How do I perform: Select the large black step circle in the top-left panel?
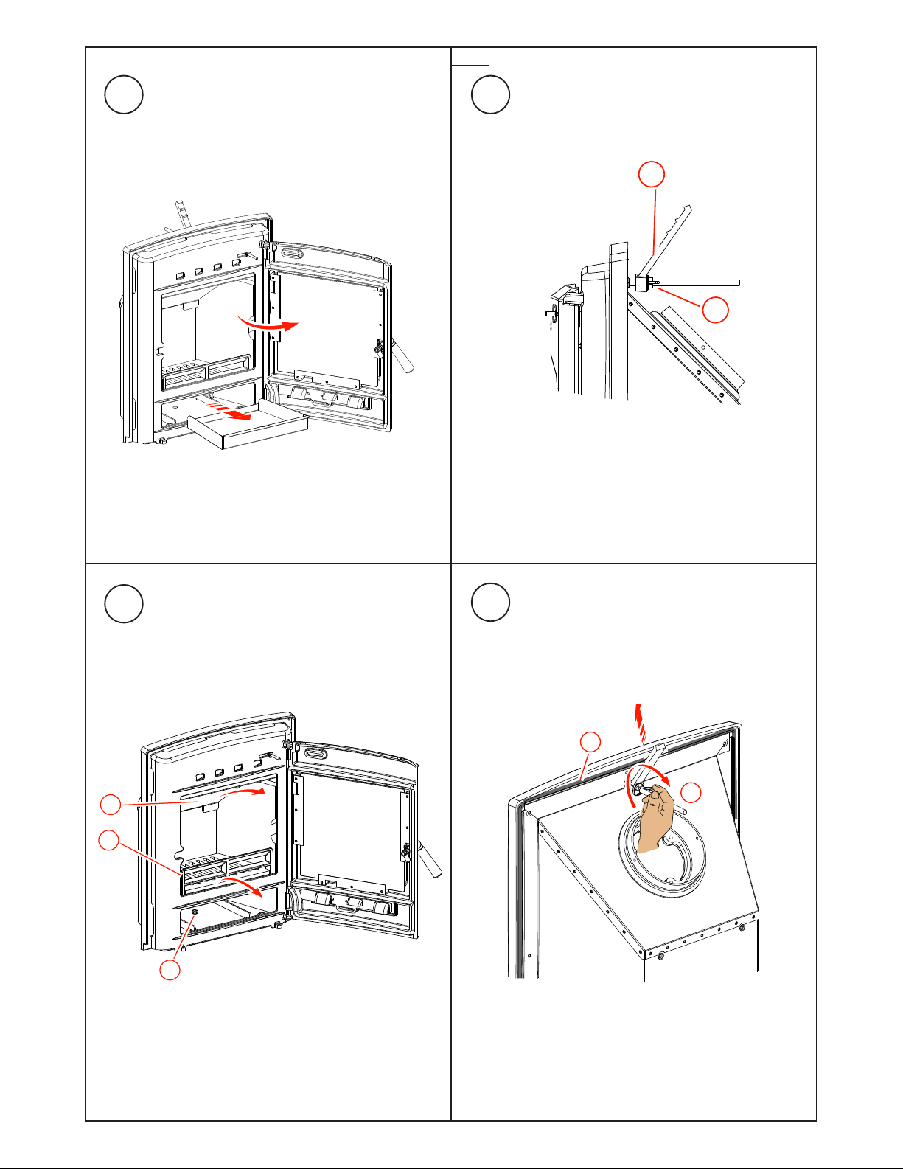tap(123, 94)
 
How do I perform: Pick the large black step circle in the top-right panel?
tap(489, 94)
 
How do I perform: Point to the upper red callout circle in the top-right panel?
tap(651, 175)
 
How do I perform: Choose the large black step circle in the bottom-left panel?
tap(123, 604)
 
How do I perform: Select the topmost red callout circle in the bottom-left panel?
tap(110, 804)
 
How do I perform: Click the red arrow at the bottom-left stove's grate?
tap(243, 885)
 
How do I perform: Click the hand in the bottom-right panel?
tap(655, 819)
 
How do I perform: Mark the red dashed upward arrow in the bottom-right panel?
tap(639, 726)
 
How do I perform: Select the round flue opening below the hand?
tap(662, 856)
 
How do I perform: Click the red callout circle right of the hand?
tap(691, 793)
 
